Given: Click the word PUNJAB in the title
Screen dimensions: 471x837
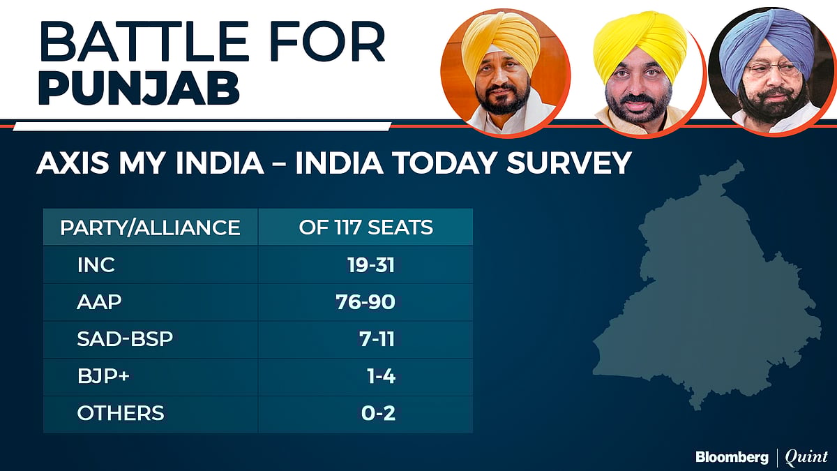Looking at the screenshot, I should [x=139, y=91].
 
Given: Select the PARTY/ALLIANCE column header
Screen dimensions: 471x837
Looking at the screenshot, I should [x=150, y=227].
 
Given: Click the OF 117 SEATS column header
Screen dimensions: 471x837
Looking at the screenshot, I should [x=365, y=227].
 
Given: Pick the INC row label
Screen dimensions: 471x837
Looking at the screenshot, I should [x=96, y=265].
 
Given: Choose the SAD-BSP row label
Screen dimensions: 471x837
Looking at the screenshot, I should [x=125, y=339].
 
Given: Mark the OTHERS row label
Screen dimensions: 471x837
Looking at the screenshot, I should [x=121, y=413].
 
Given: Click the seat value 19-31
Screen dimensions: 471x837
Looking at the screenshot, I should [x=371, y=265].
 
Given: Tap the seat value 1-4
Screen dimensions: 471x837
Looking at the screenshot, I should [x=381, y=376].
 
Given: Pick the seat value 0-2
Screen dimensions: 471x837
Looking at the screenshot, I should [x=379, y=413].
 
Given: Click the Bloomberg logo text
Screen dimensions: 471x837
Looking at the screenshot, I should [x=732, y=457].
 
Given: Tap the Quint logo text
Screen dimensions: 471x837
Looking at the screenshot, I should [x=806, y=457].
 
